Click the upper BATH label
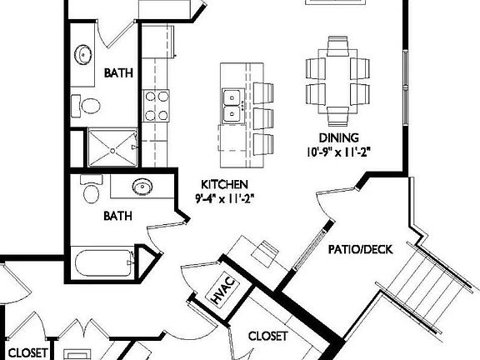click(x=118, y=73)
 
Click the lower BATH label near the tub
click(x=118, y=216)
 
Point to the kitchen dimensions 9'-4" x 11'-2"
click(x=223, y=198)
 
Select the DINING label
click(x=338, y=137)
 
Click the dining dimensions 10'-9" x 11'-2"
click(x=338, y=151)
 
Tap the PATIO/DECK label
click(x=360, y=248)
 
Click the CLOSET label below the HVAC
click(x=268, y=337)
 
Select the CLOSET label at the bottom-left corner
click(x=27, y=352)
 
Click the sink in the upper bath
click(x=84, y=55)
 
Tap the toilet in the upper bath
click(x=87, y=106)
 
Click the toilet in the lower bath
click(x=91, y=191)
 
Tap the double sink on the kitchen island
click(x=232, y=105)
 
